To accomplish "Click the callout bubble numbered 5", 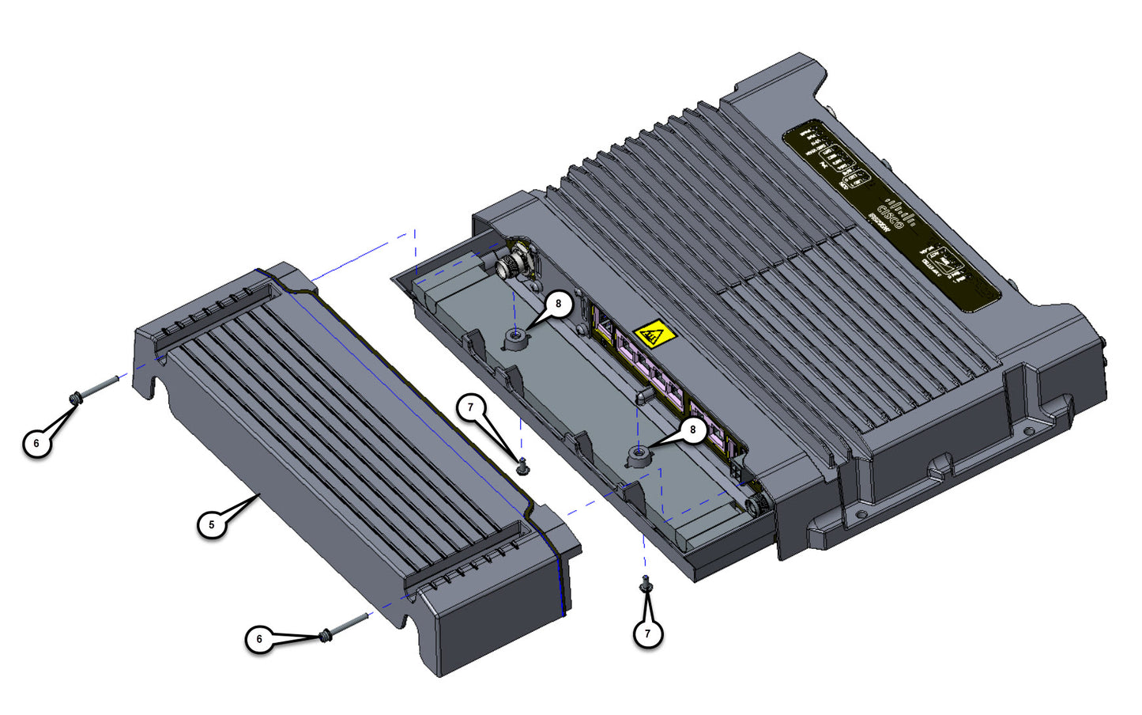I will tap(211, 524).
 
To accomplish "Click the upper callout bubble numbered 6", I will tap(36, 443).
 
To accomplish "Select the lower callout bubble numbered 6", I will tap(259, 639).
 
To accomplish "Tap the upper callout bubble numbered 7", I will tap(471, 408).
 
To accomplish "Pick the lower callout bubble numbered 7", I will tap(647, 634).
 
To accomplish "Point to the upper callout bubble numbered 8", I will tap(559, 304).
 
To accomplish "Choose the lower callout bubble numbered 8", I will tap(693, 430).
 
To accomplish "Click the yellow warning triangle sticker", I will tap(654, 335).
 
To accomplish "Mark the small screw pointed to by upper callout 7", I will tap(522, 467).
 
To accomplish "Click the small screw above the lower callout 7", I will tap(646, 584).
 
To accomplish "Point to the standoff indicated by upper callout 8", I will tap(515, 339).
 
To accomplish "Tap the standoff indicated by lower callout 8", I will tap(638, 456).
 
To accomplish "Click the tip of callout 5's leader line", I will tap(259, 495).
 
